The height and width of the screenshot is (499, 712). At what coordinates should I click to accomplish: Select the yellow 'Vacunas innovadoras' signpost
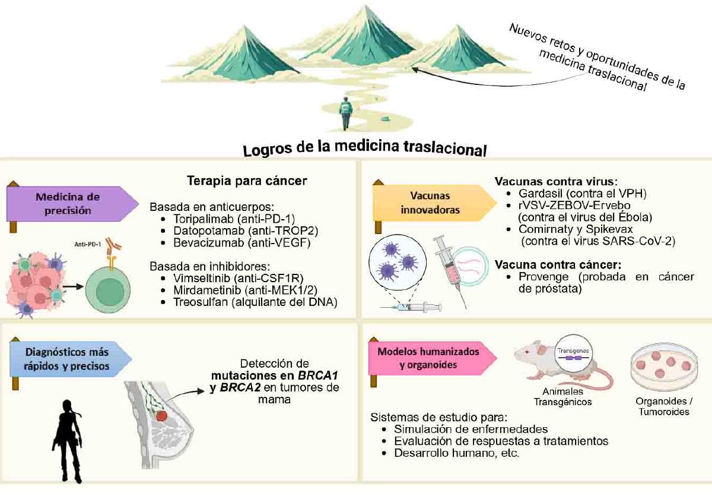[x=434, y=203]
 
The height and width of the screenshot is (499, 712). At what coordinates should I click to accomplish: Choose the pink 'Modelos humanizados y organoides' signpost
[x=433, y=358]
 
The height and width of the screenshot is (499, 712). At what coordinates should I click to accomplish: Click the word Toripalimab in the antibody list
[x=204, y=219]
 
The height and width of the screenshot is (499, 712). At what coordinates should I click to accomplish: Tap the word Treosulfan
[x=201, y=302]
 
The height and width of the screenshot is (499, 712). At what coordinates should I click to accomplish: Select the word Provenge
[x=543, y=277]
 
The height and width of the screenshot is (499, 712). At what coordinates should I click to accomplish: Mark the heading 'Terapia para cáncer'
[x=247, y=181]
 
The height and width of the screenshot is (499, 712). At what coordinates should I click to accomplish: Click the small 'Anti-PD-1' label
[x=87, y=244]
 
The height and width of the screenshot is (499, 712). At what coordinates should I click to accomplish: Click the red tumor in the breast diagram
[x=163, y=416]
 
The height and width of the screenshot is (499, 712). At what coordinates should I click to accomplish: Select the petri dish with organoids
[x=664, y=367]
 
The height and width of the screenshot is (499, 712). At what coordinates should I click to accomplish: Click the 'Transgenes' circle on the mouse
[x=573, y=354]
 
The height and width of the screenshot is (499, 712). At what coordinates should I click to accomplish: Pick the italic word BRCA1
[x=317, y=375]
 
